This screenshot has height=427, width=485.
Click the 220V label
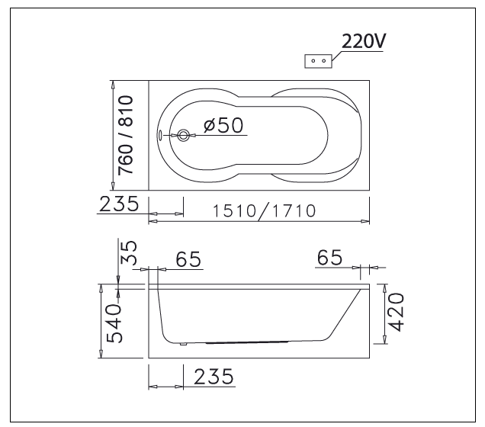pos(364,41)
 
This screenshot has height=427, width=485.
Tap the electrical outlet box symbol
pos(318,61)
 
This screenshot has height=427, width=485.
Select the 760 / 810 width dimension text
pos(126,135)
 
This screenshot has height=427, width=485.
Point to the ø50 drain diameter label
pos(223,125)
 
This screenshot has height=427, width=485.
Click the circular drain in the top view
pos(183,135)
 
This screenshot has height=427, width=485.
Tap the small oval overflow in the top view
pos(160,135)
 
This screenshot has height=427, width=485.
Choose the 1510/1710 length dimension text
pos(265,211)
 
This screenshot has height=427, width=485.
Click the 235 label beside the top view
pos(119,204)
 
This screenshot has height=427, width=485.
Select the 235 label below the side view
pos(214,376)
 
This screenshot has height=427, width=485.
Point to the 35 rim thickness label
pos(128,253)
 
